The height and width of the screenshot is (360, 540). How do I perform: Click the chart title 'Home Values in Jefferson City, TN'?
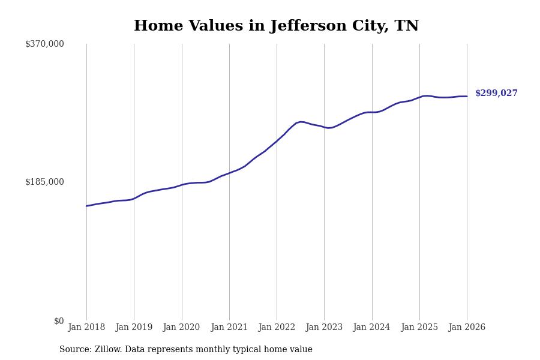click(x=276, y=26)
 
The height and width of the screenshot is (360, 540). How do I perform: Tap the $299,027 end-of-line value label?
click(x=496, y=94)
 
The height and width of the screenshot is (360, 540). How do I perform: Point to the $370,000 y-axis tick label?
click(x=44, y=44)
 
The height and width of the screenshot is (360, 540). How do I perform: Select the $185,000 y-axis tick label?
click(x=44, y=182)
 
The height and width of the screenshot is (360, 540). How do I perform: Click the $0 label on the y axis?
click(x=59, y=321)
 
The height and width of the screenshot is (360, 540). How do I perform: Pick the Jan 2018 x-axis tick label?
click(x=86, y=328)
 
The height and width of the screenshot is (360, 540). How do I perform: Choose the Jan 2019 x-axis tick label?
click(x=134, y=328)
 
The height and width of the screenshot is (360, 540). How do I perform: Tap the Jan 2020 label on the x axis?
click(x=181, y=328)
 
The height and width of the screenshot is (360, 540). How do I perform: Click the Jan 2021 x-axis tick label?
click(x=229, y=328)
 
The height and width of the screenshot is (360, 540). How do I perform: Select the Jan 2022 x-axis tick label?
click(x=277, y=328)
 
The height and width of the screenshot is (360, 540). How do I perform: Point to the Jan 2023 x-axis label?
click(x=324, y=328)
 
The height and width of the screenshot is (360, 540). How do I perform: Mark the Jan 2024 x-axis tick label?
click(x=371, y=328)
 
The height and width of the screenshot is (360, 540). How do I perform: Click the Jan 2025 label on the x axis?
click(x=419, y=328)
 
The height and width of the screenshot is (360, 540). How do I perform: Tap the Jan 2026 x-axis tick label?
click(x=467, y=328)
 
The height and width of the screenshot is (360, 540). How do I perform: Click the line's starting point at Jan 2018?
click(x=86, y=206)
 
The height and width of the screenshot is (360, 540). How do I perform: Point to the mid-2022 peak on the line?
click(x=301, y=122)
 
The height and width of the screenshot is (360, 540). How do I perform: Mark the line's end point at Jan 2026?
click(x=467, y=97)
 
